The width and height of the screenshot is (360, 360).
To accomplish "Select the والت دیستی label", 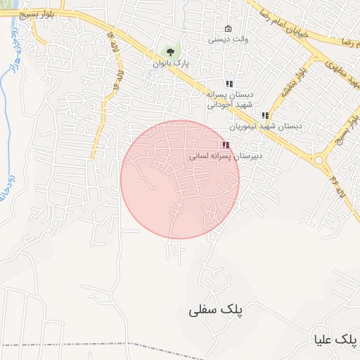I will click(x=227, y=40).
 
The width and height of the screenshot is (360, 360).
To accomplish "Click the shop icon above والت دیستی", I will click(x=228, y=29).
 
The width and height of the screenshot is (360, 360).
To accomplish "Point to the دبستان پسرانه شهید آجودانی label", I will click(x=230, y=99).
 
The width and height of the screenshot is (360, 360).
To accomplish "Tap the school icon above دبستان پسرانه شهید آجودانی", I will click(x=229, y=84).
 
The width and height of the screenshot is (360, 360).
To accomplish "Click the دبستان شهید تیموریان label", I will click(x=265, y=127).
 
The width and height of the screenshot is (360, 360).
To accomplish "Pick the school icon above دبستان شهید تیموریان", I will click(x=265, y=115).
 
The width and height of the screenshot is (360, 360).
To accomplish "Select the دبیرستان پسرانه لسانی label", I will click(x=225, y=156).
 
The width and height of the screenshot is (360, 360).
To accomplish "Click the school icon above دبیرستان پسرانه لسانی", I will click(x=225, y=145).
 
